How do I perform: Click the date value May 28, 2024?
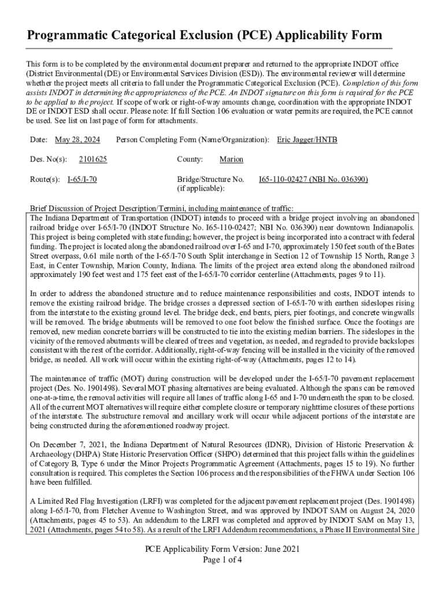point(77,140)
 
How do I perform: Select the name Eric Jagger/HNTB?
point(307,140)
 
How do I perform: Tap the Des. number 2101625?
point(93,159)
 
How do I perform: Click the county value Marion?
point(231,159)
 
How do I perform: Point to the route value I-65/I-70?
point(82,179)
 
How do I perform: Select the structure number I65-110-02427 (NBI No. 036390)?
point(313,179)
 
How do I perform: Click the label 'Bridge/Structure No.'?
point(210,179)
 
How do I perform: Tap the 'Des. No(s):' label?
point(48,159)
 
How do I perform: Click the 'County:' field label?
point(190,159)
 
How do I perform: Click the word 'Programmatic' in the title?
point(65,36)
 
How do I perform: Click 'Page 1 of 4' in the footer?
point(222,560)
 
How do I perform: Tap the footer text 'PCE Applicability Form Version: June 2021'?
point(222,549)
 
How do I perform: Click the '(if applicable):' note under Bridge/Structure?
point(201,188)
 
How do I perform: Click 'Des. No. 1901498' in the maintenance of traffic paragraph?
point(86,388)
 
